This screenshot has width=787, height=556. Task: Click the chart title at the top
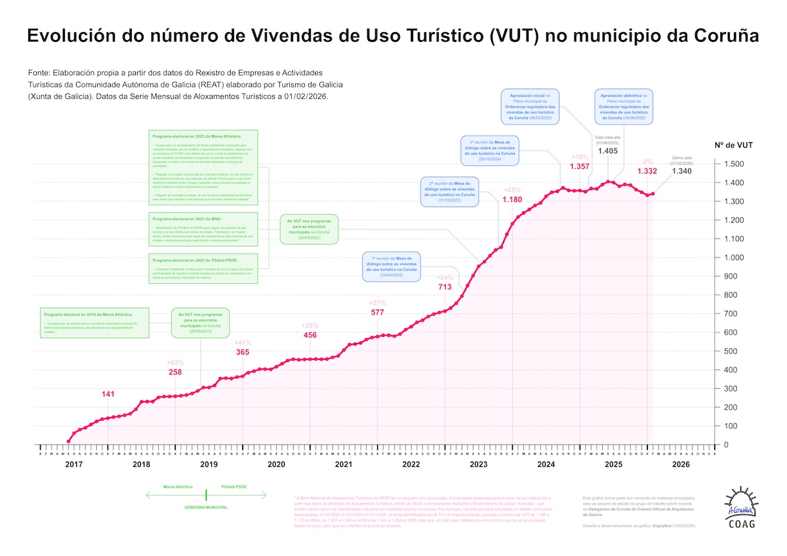coord(393,36)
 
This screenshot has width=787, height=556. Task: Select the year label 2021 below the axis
coord(344,464)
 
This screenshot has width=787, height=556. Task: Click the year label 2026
coord(681,464)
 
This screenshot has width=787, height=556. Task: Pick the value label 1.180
coord(512,199)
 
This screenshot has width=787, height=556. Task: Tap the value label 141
coord(108,394)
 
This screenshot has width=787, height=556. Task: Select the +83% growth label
coord(176,363)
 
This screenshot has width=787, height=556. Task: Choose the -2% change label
coord(647,161)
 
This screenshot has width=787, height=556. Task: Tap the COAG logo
coord(741,509)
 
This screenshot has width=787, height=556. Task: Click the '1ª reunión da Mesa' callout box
coord(392,266)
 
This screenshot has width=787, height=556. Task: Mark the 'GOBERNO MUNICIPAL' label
coord(205,507)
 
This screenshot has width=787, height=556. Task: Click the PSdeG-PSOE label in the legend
coord(234,487)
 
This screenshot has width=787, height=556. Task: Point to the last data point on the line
coord(652,193)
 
